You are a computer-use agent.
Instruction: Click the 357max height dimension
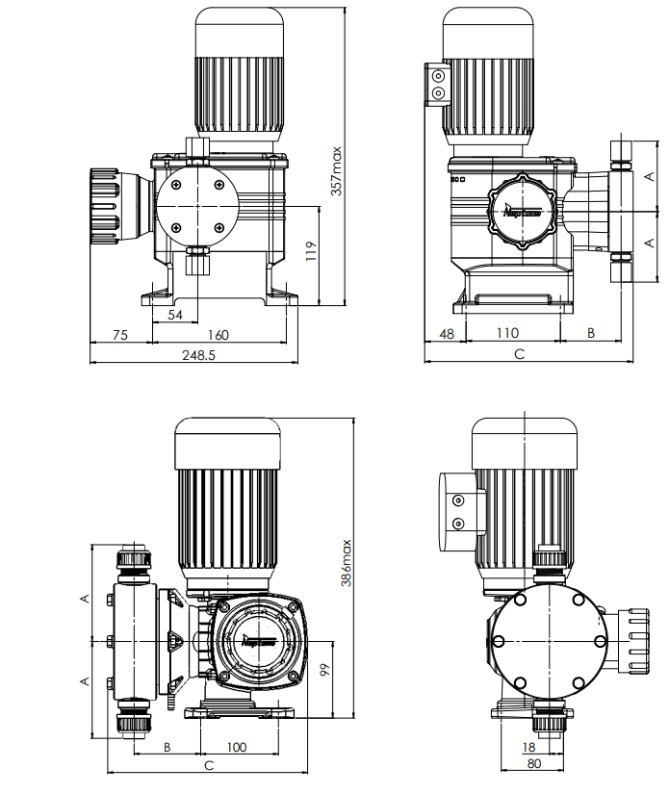(336, 170)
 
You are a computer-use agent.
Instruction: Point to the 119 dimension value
(310, 252)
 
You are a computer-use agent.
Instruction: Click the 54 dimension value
(175, 315)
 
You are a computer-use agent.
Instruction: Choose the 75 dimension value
(120, 334)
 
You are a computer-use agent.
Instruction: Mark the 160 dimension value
(219, 334)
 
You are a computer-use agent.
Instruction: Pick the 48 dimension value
(446, 333)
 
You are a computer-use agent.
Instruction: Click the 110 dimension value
(509, 333)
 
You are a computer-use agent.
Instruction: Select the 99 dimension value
(324, 670)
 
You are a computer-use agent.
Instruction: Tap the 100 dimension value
(237, 746)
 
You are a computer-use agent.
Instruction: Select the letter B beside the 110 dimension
(591, 333)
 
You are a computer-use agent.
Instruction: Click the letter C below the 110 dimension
(519, 354)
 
